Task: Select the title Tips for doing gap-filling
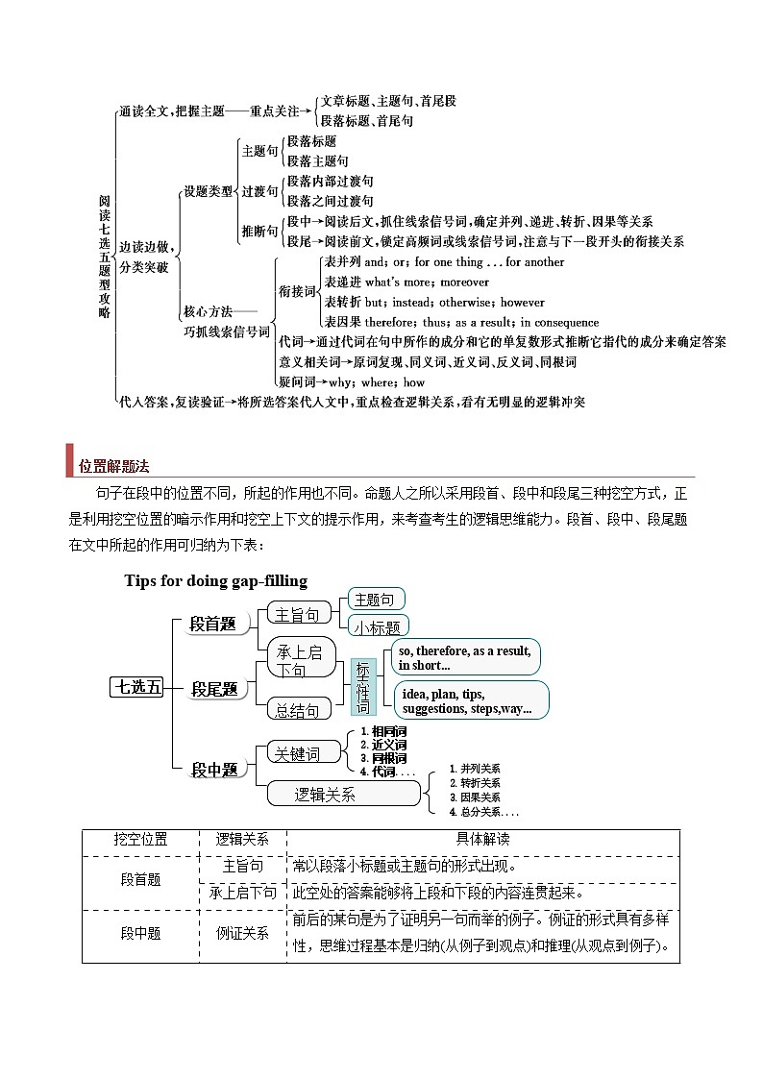[x=215, y=580]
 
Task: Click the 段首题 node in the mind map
[x=212, y=625]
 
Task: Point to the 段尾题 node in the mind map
[x=214, y=689]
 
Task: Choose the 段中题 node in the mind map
[x=214, y=769]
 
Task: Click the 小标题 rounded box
[x=377, y=626]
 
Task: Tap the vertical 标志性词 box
[x=363, y=687]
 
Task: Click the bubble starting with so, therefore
[x=465, y=658]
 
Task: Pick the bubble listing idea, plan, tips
[x=471, y=701]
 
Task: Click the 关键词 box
[x=298, y=753]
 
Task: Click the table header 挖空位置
[x=140, y=839]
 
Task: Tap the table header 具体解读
[x=483, y=839]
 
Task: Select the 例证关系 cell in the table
[x=242, y=932]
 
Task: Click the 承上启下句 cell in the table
[x=242, y=893]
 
